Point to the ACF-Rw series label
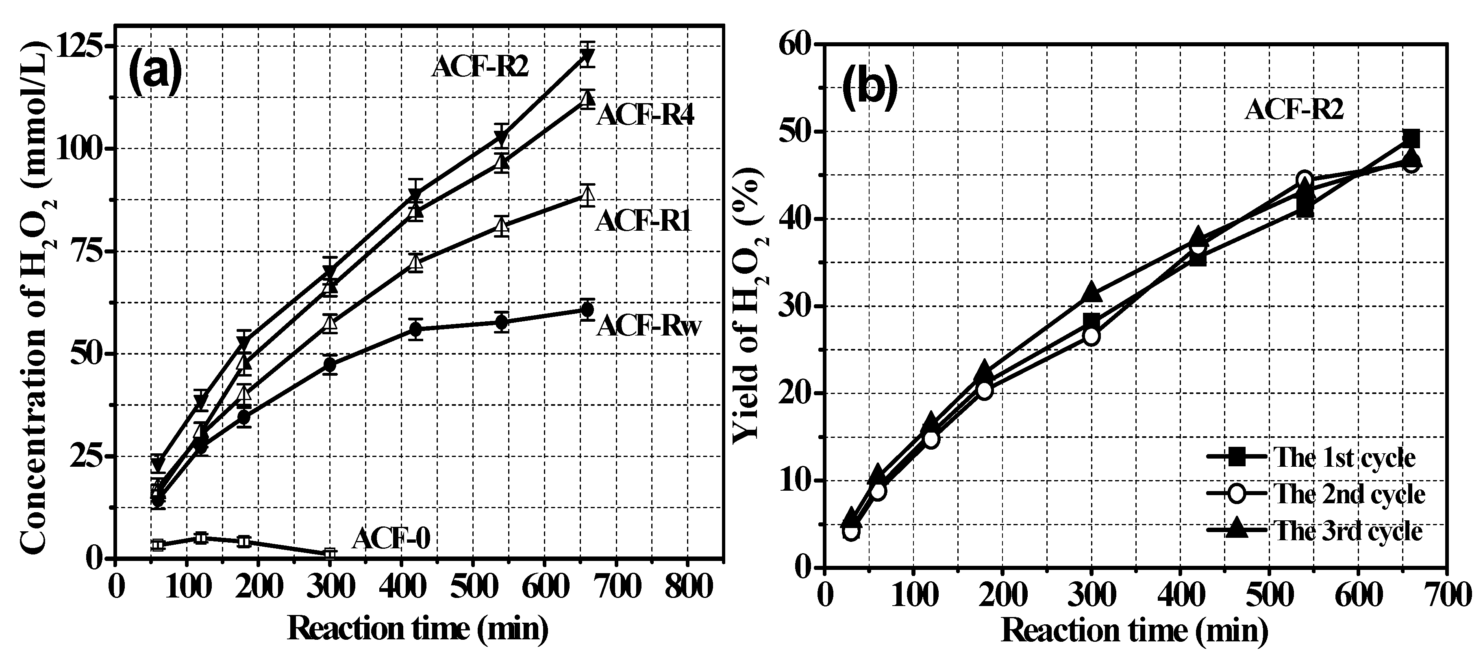point(649,326)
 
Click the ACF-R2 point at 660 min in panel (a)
point(587,57)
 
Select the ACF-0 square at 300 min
point(329,554)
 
